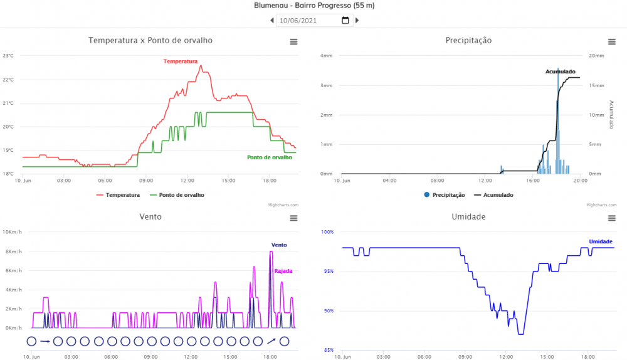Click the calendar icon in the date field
[345, 20]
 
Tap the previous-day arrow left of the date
[272, 20]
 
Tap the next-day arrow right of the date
[357, 20]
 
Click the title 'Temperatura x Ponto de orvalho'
[150, 40]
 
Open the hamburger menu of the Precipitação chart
[611, 41]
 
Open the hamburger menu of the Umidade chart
[611, 218]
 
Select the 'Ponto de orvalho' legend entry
[181, 195]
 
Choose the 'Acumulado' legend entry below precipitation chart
[497, 195]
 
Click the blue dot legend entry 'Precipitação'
[444, 195]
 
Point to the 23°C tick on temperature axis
[8, 56]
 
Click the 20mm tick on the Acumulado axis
[595, 56]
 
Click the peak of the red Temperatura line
[201, 65]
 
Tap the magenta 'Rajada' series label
[283, 271]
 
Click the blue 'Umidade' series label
[601, 241]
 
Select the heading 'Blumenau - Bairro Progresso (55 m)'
[313, 6]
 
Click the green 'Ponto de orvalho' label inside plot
[270, 157]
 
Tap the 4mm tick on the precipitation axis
[327, 56]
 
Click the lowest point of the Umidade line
[520, 334]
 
